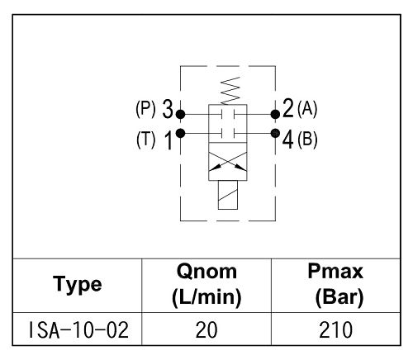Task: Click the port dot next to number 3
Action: point(180,114)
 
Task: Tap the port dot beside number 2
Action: point(275,114)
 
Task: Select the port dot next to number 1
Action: point(180,134)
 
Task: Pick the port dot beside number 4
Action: point(275,134)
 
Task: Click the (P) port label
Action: point(145,109)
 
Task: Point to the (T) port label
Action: point(145,140)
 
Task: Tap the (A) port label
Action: point(307,108)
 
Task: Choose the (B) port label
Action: point(307,139)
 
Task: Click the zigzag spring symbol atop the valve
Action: point(230,91)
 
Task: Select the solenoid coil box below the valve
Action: point(228,195)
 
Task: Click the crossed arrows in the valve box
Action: point(228,162)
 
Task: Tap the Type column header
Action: point(78,285)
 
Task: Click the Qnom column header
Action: point(206,285)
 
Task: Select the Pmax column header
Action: point(336,285)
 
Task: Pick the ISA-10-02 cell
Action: point(78,330)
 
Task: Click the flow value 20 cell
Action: point(206,330)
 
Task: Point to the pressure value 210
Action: point(335,330)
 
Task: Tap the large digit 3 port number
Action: point(168,109)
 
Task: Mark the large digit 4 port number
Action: point(287,140)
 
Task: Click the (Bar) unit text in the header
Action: point(339,298)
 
